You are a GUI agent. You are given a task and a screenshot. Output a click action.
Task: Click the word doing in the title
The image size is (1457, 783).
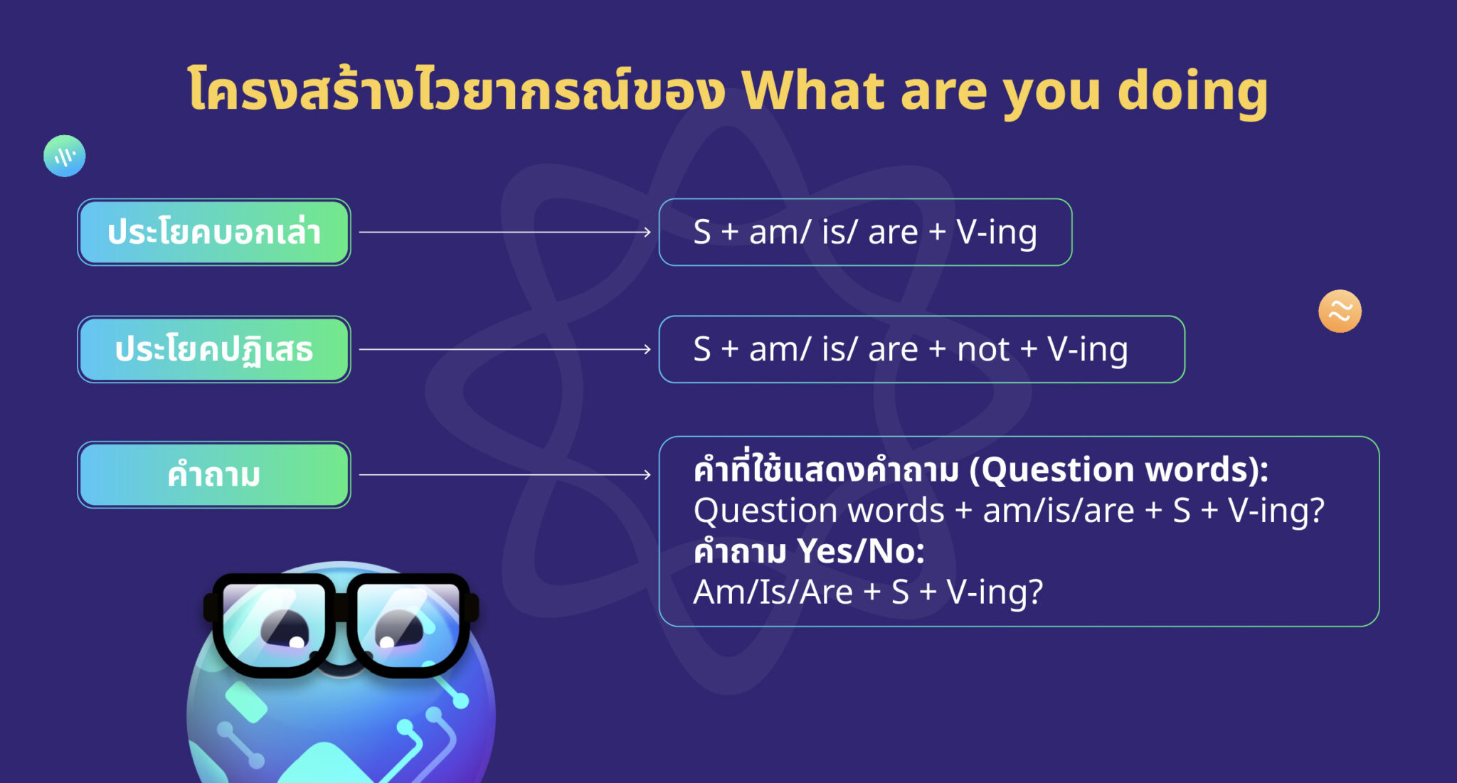point(1192,91)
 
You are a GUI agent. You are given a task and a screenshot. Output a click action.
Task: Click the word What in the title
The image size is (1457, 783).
point(813,91)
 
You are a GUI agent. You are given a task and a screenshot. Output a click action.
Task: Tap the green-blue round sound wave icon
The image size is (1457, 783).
point(65,156)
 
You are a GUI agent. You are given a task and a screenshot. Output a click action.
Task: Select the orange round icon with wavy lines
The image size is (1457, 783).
point(1340,311)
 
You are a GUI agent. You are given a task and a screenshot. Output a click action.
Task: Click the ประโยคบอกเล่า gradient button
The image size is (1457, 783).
point(214,233)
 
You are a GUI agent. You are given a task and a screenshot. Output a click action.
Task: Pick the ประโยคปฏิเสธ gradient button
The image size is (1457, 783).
point(214,350)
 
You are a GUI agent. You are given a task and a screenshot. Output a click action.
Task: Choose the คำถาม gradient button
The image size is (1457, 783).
point(214,475)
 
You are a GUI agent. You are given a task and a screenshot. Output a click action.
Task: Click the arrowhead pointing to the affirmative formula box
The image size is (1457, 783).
point(646,232)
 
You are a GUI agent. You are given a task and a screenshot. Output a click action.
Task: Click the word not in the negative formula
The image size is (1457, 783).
point(982,350)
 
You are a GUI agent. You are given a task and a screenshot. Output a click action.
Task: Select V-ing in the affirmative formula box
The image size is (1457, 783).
point(996,233)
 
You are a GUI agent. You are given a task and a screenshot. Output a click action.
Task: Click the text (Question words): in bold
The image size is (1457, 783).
point(1119,469)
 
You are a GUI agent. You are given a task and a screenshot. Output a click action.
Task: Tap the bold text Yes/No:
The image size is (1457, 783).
point(860,551)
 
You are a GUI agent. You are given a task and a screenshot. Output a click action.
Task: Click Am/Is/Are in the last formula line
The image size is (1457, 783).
point(773,592)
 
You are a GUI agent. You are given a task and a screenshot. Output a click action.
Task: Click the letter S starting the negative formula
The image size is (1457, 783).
point(701,350)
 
